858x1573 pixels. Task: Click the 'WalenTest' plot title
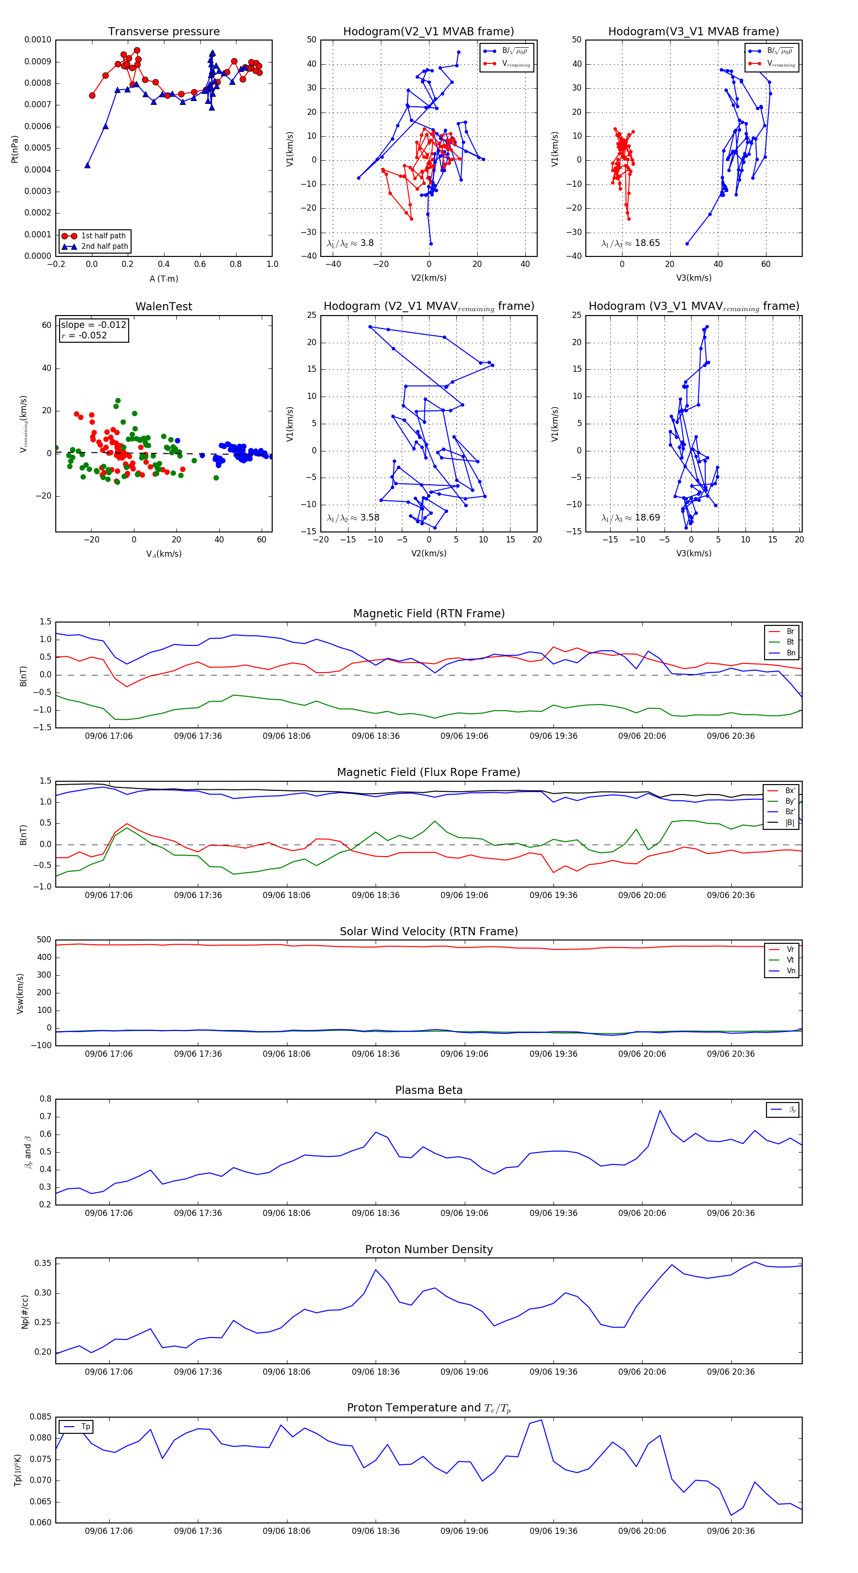[x=163, y=306]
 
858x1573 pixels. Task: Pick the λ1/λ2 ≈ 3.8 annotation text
[x=350, y=243]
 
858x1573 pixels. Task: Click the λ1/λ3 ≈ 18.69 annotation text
[x=630, y=518]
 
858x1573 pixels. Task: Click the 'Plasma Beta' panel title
[x=429, y=1091]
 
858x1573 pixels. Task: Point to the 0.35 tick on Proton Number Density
[x=43, y=1264]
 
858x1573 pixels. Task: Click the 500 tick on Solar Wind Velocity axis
[x=44, y=940]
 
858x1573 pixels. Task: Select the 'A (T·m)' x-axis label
[x=163, y=279]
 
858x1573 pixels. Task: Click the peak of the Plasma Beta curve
[x=660, y=1111]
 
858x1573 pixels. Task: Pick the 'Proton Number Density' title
[x=429, y=1249]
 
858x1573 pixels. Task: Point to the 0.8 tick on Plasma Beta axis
[x=46, y=1099]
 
